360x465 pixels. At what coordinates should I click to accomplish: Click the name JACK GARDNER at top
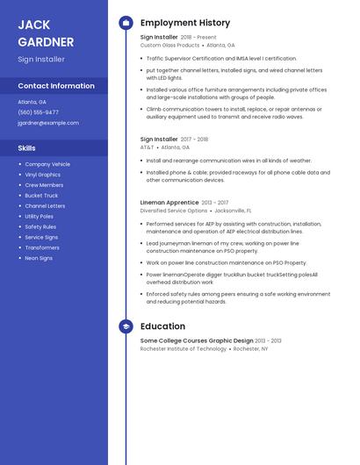pos(46,32)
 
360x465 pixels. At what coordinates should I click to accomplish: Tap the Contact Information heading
pos(56,86)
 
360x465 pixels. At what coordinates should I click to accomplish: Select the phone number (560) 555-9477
pos(39,112)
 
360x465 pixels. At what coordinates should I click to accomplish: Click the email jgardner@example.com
pos(48,123)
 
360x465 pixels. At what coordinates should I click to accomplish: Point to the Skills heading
pos(27,148)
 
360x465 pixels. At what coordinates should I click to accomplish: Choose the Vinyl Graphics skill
pos(43,175)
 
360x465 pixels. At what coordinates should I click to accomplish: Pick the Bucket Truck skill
pos(41,196)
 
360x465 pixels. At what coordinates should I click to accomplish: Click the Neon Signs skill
pos(39,258)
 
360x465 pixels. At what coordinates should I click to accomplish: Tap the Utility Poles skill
pos(40,216)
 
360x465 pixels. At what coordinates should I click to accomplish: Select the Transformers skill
pos(42,247)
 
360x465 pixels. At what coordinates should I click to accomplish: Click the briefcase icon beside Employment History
pos(126,23)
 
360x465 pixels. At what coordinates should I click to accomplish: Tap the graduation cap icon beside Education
pos(126,326)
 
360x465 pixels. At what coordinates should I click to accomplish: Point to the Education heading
pos(162,326)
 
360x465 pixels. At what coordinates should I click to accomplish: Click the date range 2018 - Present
pos(198,38)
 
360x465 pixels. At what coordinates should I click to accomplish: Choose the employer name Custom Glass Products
pos(170,45)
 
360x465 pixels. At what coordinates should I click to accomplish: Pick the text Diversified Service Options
pos(174,211)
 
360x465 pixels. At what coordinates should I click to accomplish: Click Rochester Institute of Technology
pos(184,348)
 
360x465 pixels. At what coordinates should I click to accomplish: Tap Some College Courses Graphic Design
pos(197,340)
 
